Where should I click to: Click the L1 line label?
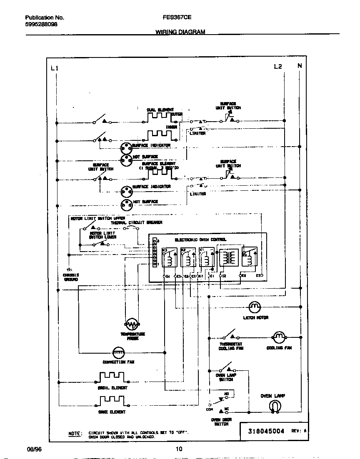[x=55, y=68]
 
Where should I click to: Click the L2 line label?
[x=278, y=67]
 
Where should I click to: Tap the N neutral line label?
[x=299, y=66]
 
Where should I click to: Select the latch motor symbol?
[x=254, y=307]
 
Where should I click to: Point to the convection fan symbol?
[x=119, y=352]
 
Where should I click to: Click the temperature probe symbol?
[x=132, y=324]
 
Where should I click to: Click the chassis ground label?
[x=71, y=277]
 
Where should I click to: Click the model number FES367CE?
[x=174, y=18]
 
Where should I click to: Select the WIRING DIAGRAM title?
[x=180, y=32]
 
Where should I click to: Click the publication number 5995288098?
[x=41, y=25]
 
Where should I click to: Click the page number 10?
[x=179, y=449]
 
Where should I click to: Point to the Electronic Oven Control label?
[x=200, y=240]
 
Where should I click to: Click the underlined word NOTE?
[x=75, y=434]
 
